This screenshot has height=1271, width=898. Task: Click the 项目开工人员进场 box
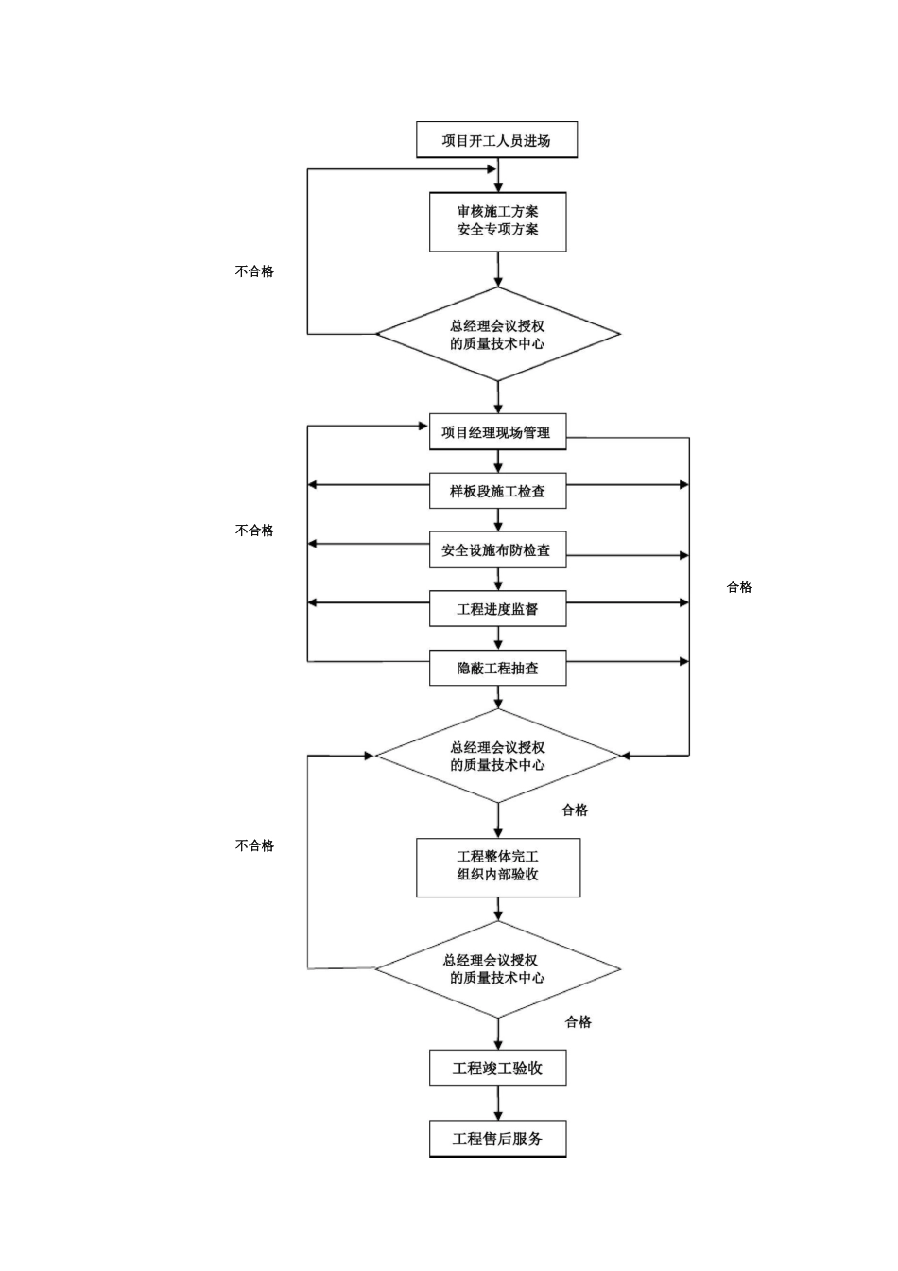[x=496, y=140]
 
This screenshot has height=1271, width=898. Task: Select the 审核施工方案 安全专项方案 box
[x=497, y=222]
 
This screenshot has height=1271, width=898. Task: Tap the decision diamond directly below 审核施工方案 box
[x=498, y=334]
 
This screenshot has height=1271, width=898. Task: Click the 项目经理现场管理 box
[x=497, y=432]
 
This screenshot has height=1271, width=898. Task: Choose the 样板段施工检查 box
[x=497, y=491]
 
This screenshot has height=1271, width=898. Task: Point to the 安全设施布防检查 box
[x=497, y=549]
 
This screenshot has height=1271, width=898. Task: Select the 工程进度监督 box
[x=497, y=608]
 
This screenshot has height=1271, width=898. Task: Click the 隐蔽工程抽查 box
[x=497, y=668]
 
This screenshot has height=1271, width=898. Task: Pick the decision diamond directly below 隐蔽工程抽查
[x=498, y=756]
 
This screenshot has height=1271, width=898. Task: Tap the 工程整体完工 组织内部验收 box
[x=497, y=866]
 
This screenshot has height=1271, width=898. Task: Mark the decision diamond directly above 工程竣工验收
[x=498, y=968]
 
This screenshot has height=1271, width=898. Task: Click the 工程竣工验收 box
[x=497, y=1069]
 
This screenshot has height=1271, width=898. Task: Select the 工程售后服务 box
[x=497, y=1139]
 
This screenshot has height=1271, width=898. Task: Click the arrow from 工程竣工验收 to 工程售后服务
[x=498, y=1104]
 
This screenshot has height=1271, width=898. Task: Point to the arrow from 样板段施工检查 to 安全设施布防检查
[x=498, y=520]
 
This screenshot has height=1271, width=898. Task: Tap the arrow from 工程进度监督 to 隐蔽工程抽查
[x=498, y=638]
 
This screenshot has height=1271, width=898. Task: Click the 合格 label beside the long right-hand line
[x=739, y=587]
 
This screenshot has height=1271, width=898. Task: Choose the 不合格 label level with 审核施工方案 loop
[x=254, y=271]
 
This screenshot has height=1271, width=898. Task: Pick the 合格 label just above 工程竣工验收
[x=579, y=1022]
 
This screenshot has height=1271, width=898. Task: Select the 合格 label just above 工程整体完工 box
[x=575, y=810]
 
